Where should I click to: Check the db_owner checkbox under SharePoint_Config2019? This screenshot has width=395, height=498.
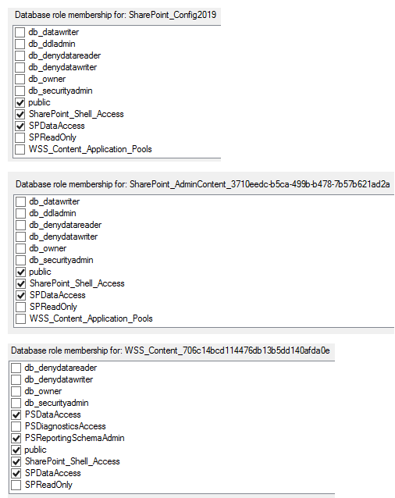[20, 79]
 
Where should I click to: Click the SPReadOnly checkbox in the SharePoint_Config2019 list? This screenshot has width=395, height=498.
[20, 137]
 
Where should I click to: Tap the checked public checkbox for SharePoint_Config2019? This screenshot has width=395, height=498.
[20, 102]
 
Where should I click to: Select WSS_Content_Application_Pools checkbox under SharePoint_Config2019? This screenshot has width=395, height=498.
[20, 149]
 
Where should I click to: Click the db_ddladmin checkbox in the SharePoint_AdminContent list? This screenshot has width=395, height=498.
[20, 213]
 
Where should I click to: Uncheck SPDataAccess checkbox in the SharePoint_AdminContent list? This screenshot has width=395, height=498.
[20, 295]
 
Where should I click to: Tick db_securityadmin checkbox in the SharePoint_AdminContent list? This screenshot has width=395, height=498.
[20, 260]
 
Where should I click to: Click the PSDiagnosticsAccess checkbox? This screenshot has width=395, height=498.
[16, 426]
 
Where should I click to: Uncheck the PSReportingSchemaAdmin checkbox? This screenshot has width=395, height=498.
[16, 438]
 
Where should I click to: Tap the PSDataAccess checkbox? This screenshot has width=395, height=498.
[16, 414]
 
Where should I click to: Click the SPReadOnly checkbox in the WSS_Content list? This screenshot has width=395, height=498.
[16, 485]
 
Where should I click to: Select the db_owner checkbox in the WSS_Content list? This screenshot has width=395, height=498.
[16, 391]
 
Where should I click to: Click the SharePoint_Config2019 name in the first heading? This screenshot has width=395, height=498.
[173, 15]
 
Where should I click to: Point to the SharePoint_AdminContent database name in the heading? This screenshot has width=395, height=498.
[260, 184]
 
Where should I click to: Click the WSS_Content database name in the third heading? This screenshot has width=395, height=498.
[227, 350]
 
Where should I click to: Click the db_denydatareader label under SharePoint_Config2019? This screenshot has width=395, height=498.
[65, 55]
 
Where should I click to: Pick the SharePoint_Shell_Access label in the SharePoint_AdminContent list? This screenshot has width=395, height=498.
[77, 283]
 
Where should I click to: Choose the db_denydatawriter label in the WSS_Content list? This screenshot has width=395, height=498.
[59, 379]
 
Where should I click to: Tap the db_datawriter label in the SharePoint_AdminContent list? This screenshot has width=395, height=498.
[55, 201]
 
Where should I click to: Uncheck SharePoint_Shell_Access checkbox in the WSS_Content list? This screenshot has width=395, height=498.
[16, 461]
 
